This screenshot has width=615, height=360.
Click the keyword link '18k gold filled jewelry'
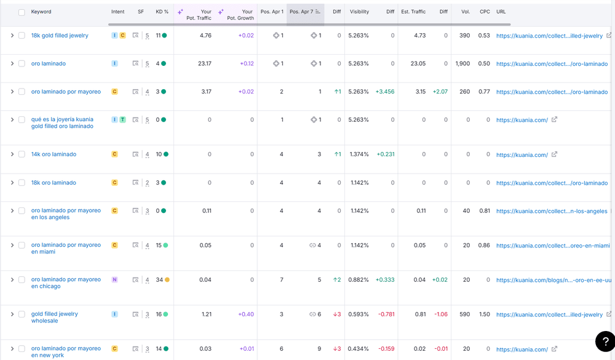pyautogui.click(x=60, y=36)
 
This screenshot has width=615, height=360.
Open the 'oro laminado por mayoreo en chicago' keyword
pyautogui.click(x=66, y=282)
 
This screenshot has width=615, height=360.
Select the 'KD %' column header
pyautogui.click(x=162, y=12)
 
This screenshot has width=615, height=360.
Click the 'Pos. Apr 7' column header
pyautogui.click(x=301, y=12)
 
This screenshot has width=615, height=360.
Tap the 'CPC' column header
pyautogui.click(x=485, y=12)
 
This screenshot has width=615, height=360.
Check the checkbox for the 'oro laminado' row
pyautogui.click(x=22, y=63)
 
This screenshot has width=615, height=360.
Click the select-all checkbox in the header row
pyautogui.click(x=22, y=12)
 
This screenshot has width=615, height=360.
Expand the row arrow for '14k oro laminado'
pyautogui.click(x=12, y=154)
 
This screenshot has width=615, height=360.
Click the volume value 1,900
pyautogui.click(x=462, y=63)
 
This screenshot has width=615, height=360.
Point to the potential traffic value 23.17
pyautogui.click(x=204, y=63)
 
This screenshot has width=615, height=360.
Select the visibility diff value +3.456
pyautogui.click(x=385, y=92)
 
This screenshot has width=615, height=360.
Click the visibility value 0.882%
pyautogui.click(x=358, y=280)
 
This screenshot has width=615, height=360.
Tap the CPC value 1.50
pyautogui.click(x=484, y=314)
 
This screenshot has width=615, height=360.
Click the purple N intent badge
pyautogui.click(x=114, y=280)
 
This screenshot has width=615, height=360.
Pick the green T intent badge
pyautogui.click(x=122, y=120)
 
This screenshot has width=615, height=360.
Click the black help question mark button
pyautogui.click(x=605, y=340)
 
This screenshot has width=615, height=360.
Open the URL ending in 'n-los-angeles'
pyautogui.click(x=551, y=211)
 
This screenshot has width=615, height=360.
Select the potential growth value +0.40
pyautogui.click(x=246, y=314)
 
